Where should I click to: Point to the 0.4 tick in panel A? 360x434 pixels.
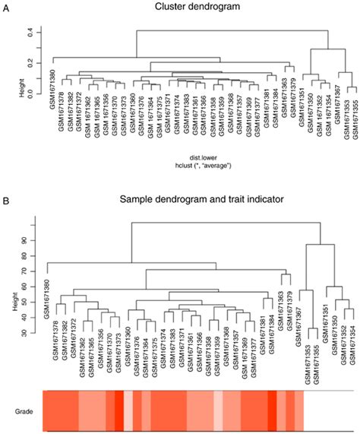click(x=30, y=31)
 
